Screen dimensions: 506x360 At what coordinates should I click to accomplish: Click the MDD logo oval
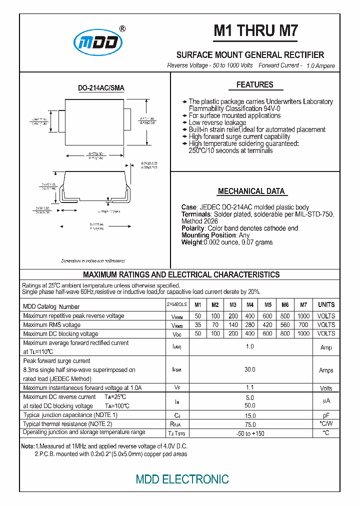coord(98,43)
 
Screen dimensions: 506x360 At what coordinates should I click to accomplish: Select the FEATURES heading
coord(254,85)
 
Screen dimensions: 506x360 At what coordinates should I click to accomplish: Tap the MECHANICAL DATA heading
coord(251,191)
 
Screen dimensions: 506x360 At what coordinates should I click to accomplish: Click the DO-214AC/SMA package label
coord(101,88)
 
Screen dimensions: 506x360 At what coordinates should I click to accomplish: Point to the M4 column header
coord(250,305)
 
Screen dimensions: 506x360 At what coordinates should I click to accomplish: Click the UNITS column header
coord(326,305)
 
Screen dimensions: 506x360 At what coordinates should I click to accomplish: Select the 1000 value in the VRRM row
coord(303,316)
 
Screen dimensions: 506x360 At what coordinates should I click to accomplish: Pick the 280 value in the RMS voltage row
coord(250,325)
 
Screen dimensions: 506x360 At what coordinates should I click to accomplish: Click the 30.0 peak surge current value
coord(250,370)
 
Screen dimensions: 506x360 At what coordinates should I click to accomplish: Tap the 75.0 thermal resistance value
coord(250,424)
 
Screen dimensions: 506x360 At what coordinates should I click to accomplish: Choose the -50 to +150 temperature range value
coord(250,433)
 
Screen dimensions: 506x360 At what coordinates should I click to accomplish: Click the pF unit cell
coord(326,415)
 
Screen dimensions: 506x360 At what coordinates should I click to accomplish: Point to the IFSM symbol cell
coord(176,370)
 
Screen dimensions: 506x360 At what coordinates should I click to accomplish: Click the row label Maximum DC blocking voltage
coord(60,334)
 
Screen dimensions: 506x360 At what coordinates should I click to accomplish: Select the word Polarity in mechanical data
coord(193,228)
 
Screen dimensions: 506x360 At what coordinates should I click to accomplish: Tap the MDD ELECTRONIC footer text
coord(182,479)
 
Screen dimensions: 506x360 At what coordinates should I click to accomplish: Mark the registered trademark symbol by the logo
coord(123,28)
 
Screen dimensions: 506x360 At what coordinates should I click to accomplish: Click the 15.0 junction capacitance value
coord(250,415)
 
